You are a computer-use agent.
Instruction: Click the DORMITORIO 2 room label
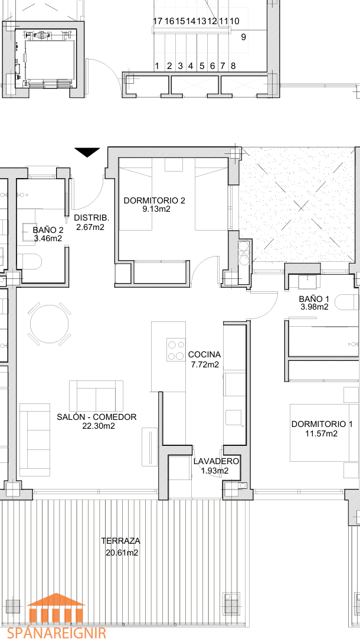154,201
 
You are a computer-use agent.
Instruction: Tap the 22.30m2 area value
99,426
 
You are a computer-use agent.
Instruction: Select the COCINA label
204,354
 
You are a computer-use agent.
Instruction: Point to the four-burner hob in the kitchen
176,350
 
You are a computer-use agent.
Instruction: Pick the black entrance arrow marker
87,152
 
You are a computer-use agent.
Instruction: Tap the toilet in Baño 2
30,261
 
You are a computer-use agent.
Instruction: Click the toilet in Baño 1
346,303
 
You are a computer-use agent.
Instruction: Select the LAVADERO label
216,461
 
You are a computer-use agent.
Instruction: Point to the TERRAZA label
121,541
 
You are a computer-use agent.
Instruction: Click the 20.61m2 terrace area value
122,553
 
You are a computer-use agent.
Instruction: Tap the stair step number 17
158,21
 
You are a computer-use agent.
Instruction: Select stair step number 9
244,37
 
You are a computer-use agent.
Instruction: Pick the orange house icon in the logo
56,608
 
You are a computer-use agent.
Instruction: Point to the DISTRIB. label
91,218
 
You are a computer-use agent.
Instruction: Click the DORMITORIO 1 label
322,424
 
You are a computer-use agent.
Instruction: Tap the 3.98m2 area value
313,307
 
